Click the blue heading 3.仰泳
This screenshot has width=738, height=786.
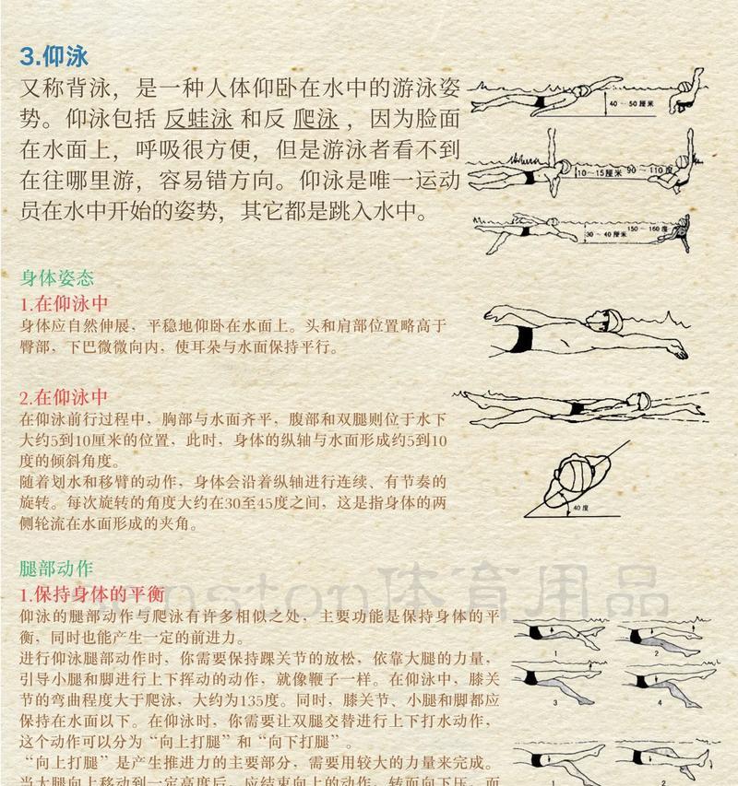point(54,56)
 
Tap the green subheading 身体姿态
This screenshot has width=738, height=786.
point(56,277)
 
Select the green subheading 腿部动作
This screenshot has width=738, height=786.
point(56,569)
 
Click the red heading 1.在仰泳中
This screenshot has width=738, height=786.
point(65,303)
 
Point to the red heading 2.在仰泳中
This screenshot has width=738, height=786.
point(65,398)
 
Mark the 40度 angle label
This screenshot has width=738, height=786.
point(578,507)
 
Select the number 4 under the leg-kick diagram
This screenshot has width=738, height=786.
point(660,702)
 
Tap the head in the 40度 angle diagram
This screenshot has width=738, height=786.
point(565,479)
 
